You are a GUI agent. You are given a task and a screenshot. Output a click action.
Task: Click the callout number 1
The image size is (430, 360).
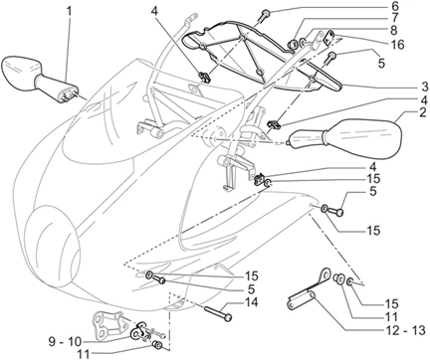[69, 11]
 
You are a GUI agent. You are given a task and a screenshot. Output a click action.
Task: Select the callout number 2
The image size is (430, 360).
[396, 114]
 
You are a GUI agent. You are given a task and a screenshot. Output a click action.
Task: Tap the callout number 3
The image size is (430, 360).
[396, 89]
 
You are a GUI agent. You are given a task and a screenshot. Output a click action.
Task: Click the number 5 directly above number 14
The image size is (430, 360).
[252, 288]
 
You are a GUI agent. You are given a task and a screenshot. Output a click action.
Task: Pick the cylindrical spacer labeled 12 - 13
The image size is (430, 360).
[305, 300]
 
